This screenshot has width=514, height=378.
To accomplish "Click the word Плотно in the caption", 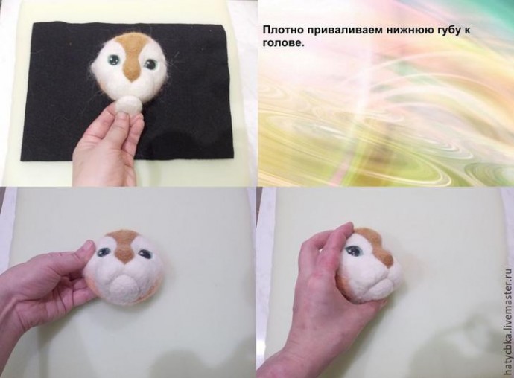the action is pyautogui.click(x=283, y=31).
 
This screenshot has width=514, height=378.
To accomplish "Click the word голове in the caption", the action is pyautogui.click(x=284, y=44).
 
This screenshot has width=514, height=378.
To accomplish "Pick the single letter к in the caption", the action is pyautogui.click(x=467, y=31).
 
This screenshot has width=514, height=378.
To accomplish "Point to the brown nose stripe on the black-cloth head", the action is pyautogui.click(x=132, y=60).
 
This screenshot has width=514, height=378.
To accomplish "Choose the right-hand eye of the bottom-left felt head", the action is pyautogui.click(x=145, y=253).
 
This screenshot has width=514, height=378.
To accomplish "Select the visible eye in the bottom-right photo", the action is pyautogui.click(x=353, y=252).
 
